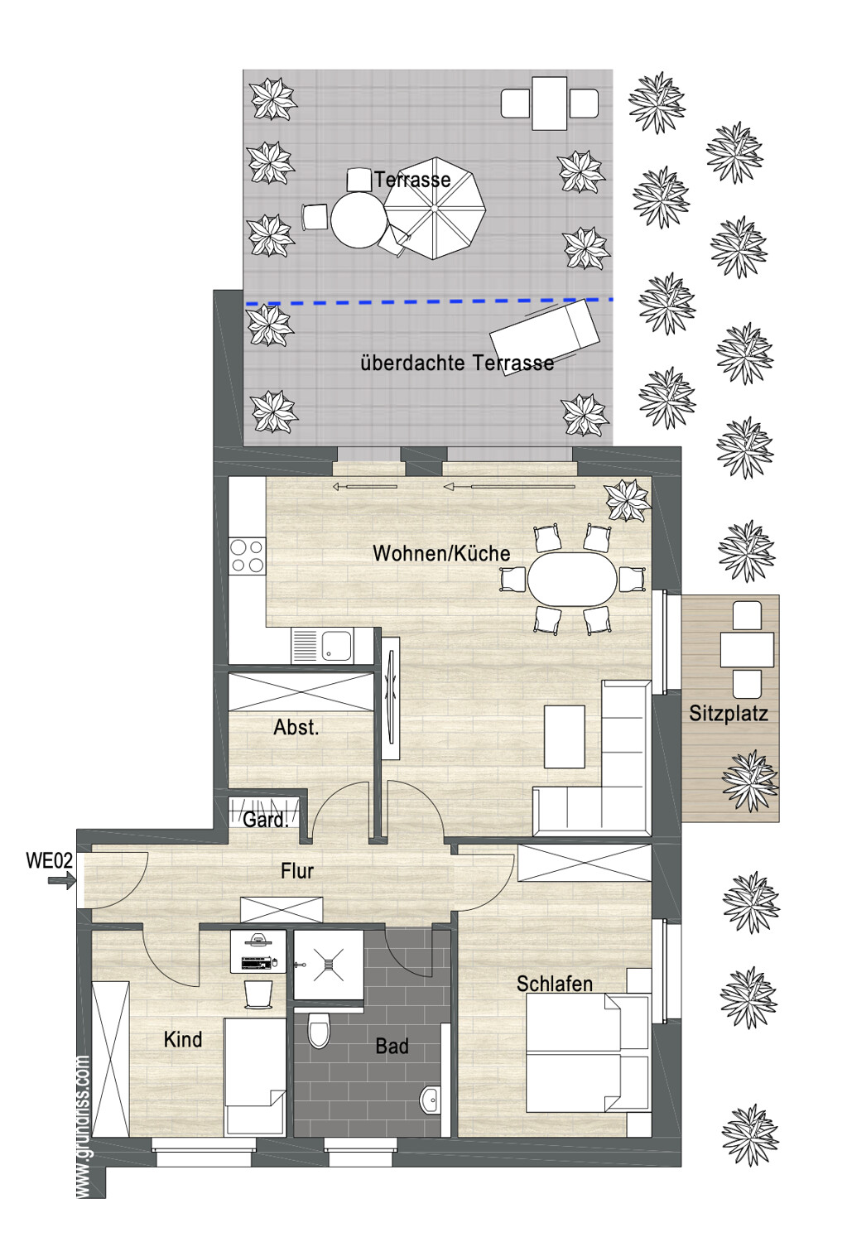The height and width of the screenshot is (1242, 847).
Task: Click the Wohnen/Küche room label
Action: [441, 553]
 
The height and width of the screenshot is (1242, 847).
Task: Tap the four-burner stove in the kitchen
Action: [248, 556]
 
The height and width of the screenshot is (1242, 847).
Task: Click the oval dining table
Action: [571, 579]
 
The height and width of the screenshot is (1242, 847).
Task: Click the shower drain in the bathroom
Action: [328, 965]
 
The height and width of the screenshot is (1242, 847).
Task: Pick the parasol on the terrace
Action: [435, 209]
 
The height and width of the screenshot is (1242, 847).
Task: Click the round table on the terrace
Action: [359, 219]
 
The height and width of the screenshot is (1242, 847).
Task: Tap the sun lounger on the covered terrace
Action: [545, 337]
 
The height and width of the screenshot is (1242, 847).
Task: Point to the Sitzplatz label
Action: [729, 712]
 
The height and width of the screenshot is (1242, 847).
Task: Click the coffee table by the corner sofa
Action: [565, 736]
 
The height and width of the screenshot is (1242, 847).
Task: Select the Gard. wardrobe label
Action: [266, 820]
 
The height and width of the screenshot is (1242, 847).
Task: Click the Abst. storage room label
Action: [296, 727]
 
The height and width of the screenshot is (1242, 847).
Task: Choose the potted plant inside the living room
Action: [628, 500]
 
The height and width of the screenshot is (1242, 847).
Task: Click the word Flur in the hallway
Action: [297, 870]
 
